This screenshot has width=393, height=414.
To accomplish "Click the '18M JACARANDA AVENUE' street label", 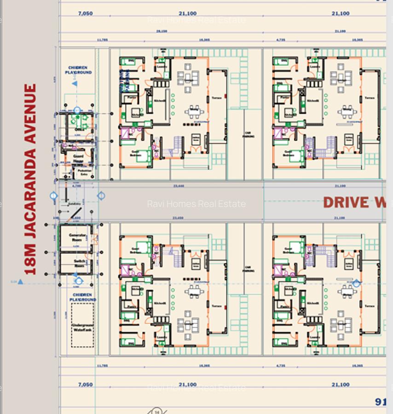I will [30, 179].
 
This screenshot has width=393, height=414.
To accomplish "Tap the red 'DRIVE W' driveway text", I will [354, 202].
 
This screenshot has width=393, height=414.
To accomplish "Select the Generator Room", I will [77, 237].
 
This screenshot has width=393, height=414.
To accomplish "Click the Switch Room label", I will [77, 263].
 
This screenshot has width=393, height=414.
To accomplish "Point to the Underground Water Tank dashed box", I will [82, 325].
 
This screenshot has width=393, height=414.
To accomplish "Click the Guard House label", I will [78, 158].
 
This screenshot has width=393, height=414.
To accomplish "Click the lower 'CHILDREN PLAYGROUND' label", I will [83, 297].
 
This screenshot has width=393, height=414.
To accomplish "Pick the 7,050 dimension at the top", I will [85, 13].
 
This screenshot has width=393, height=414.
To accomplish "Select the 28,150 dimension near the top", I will [162, 31].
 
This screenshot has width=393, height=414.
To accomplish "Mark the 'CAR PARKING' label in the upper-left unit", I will [249, 134].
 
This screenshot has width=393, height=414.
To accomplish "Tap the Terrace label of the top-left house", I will [216, 98].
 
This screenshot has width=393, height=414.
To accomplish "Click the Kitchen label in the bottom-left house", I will [160, 303].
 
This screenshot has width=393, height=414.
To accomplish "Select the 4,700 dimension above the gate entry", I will [77, 186].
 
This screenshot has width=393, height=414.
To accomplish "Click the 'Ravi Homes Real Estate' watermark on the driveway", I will [196, 204].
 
